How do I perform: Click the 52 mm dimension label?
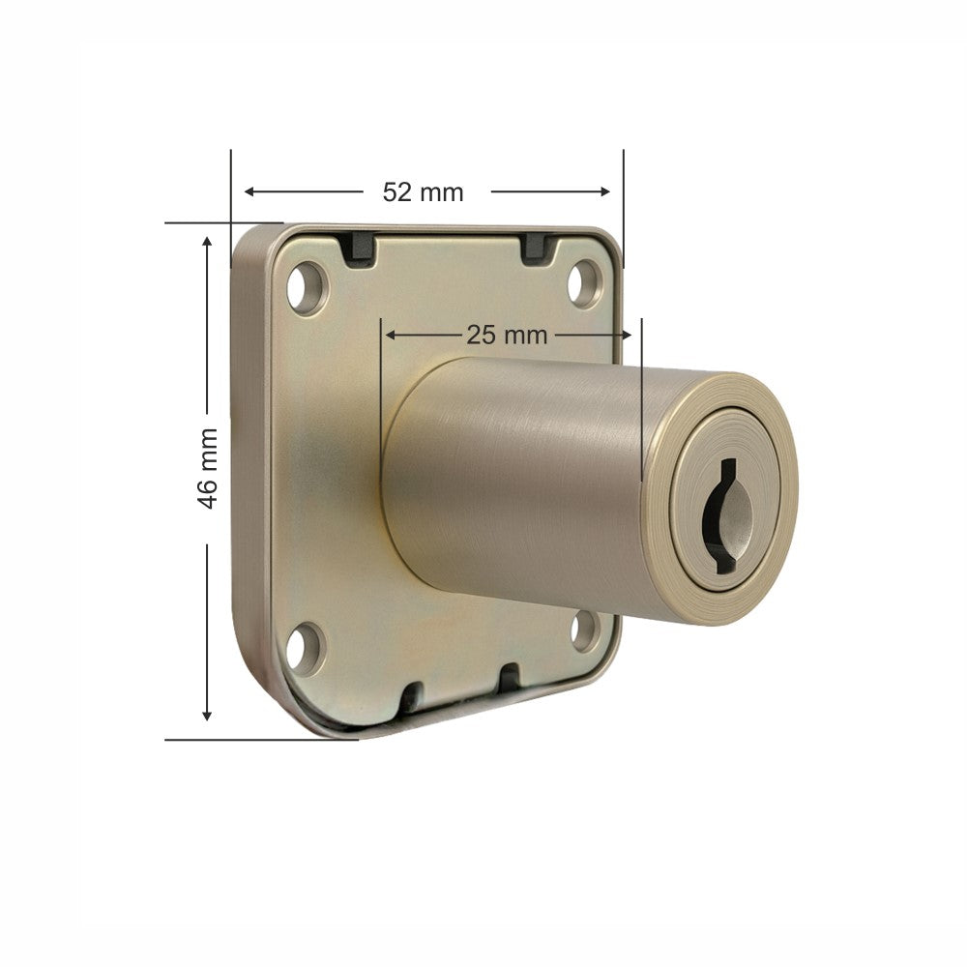point(423,191)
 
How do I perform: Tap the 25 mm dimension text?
point(507,336)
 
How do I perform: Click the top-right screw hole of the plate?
point(584,283)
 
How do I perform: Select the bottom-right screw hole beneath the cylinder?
point(584,631)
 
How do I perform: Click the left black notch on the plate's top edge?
point(358,248)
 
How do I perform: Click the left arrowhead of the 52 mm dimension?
point(249,191)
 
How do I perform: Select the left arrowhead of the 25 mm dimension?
point(391,336)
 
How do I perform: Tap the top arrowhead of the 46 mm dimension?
point(206,240)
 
